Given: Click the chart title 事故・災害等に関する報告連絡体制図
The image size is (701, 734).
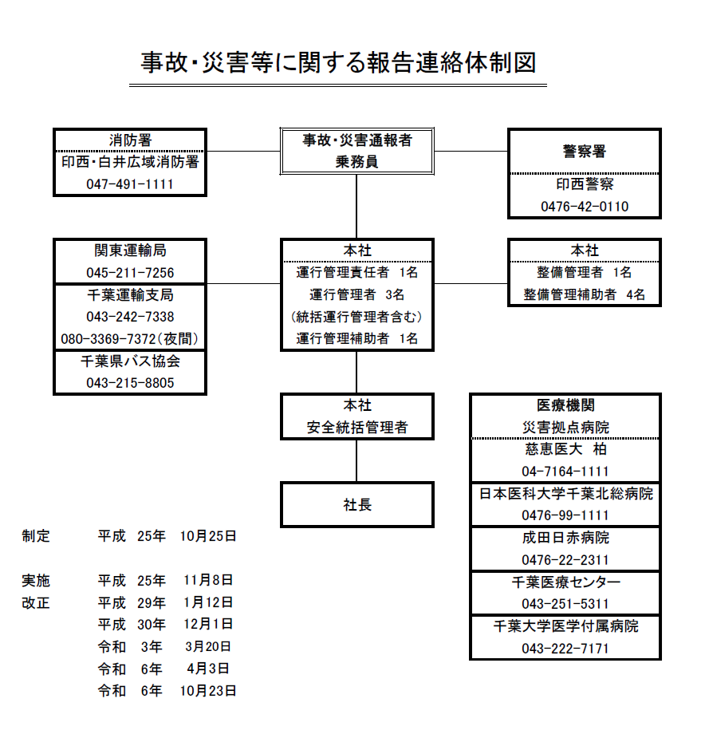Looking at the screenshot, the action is click(x=338, y=63).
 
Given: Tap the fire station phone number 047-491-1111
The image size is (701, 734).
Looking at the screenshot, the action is click(x=130, y=184).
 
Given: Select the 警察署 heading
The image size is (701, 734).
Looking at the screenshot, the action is click(x=585, y=152).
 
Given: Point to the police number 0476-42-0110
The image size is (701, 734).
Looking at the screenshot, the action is click(x=585, y=207).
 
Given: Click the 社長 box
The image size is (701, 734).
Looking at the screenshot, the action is click(x=357, y=504).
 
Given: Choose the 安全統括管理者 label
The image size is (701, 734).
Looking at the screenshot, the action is click(x=357, y=427).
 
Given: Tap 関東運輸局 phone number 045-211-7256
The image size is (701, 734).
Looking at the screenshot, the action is click(x=130, y=272).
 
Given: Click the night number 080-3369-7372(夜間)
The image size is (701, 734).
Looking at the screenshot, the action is click(x=130, y=339).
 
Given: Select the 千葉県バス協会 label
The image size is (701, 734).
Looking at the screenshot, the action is click(x=130, y=361).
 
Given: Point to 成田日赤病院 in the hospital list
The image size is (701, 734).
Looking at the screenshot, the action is click(x=565, y=538).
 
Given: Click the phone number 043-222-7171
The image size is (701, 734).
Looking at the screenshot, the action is click(x=565, y=649).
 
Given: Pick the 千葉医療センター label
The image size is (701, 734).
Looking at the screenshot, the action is click(x=565, y=582).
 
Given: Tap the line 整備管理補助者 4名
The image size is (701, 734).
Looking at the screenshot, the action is click(x=585, y=294).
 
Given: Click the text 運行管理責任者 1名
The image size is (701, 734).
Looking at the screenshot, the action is click(x=357, y=272).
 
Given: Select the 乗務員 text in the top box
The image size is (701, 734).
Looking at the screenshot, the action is click(x=356, y=161).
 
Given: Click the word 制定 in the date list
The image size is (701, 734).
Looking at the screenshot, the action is click(x=36, y=535).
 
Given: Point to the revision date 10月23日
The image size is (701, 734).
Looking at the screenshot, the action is click(x=208, y=690).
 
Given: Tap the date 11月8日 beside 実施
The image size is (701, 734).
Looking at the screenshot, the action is click(x=208, y=580).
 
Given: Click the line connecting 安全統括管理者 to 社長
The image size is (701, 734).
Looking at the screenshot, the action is click(x=356, y=460).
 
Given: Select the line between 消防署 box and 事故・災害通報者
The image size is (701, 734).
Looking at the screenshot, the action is click(x=243, y=152).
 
